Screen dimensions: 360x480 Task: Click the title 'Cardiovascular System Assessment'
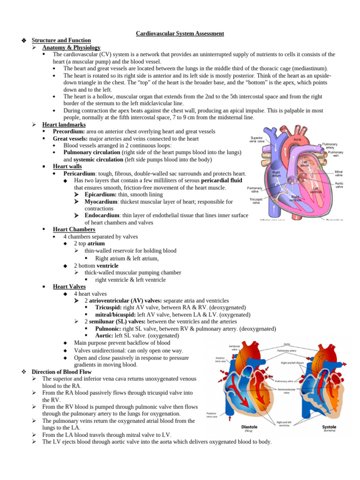tap(180, 33)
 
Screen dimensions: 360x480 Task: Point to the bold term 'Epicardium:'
tap(100, 195)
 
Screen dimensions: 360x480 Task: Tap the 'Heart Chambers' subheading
tap(74, 229)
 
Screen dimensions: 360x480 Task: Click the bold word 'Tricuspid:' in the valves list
tap(111, 307)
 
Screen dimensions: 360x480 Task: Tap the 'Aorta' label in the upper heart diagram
tap(297, 139)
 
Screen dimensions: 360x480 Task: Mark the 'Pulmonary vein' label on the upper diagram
tap(336, 154)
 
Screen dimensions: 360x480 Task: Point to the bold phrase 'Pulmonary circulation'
tap(92, 152)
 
